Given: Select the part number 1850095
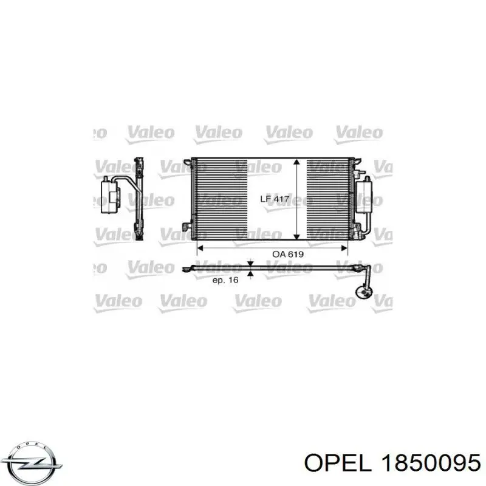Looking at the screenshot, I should point(430,464).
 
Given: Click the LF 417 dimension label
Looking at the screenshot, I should point(275,199).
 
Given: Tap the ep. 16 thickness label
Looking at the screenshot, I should point(224,280).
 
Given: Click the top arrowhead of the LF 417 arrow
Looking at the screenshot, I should point(296,163).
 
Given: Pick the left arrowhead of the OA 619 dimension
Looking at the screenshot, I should point(197,248).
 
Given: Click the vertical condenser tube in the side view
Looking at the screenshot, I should point(140,200).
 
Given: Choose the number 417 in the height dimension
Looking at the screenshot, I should point(281,199).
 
